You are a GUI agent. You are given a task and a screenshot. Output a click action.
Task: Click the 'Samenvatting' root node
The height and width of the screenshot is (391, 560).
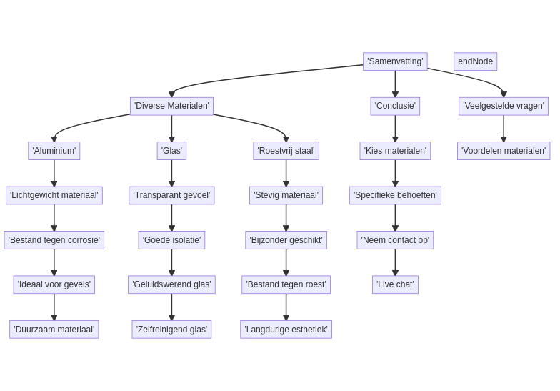(x=395, y=61)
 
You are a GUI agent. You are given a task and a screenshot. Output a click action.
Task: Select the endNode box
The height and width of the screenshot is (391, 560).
(x=475, y=61)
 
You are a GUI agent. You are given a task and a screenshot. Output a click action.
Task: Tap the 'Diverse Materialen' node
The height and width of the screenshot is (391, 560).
(x=171, y=106)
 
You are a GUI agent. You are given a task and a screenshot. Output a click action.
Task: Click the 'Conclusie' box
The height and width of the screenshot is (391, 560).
(x=395, y=106)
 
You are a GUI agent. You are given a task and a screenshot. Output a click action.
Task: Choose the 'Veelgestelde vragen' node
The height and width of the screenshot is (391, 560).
(x=504, y=106)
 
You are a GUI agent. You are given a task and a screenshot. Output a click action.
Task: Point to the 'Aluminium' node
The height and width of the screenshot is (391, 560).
(x=54, y=151)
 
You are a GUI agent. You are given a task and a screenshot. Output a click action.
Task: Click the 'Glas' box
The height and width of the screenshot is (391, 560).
(x=171, y=151)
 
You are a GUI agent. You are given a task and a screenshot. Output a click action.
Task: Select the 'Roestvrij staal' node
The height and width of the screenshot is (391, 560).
(x=286, y=151)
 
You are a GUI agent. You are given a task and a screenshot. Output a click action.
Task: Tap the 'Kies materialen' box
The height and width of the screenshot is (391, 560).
(x=395, y=151)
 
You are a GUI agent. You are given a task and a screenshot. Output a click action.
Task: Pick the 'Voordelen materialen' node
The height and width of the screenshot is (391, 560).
(x=504, y=151)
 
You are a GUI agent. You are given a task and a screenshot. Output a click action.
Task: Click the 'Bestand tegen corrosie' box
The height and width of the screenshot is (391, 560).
(x=54, y=240)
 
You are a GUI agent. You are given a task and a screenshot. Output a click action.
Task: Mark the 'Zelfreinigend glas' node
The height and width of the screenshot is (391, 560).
(x=171, y=330)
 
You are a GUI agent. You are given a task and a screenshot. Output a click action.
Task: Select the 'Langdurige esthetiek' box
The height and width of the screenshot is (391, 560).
(x=286, y=330)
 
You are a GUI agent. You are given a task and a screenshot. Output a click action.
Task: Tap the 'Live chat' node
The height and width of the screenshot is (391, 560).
(x=395, y=284)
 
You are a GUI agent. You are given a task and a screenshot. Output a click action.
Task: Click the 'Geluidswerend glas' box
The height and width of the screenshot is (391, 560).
(x=171, y=284)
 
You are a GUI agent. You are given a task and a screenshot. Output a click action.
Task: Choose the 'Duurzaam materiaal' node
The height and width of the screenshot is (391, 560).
(x=54, y=330)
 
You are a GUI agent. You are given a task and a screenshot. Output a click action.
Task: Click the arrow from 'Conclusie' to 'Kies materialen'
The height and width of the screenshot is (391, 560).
(x=395, y=129)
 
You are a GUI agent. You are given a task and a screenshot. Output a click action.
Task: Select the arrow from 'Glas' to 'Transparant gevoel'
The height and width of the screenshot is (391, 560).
(x=171, y=173)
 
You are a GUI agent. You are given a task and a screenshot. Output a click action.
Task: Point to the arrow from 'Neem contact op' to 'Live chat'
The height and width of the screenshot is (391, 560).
(x=395, y=262)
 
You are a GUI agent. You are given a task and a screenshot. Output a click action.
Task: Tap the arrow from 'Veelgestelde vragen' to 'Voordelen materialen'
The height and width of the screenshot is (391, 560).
(x=504, y=129)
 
